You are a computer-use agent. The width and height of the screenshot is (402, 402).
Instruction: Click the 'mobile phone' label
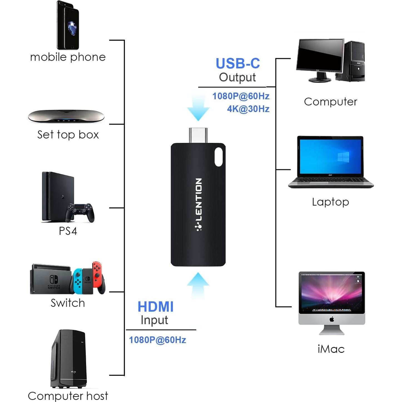68,57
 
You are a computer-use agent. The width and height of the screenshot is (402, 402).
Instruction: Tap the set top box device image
66,116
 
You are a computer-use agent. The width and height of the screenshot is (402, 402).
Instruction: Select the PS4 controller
80,212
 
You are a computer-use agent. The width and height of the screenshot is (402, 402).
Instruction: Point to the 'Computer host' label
68,396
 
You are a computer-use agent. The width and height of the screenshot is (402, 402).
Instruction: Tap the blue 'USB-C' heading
238,63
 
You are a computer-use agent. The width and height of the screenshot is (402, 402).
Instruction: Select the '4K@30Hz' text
248,109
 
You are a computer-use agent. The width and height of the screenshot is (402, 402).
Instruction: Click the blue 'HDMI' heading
155,307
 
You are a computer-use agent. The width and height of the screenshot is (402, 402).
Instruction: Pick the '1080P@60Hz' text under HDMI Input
157,340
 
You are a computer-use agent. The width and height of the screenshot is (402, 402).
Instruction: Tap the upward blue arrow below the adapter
198,285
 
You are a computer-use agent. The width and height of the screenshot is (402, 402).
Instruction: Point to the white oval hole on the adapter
219,157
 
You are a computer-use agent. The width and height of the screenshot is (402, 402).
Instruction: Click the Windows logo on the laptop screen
343,157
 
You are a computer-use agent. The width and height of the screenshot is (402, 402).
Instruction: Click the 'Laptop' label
330,202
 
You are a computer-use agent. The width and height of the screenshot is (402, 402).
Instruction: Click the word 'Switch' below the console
68,303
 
